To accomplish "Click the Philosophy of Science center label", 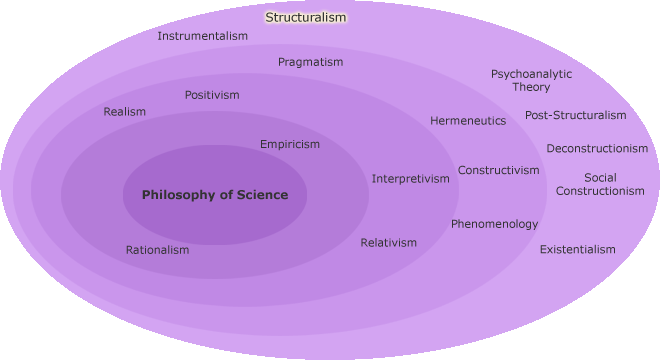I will point(215,195).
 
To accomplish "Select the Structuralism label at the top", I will point(305,17).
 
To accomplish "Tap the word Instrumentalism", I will point(203,36).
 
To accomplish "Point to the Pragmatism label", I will point(310,62).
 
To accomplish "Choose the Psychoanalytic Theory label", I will point(531,80).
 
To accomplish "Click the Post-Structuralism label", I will point(575,115).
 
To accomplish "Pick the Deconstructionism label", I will point(597,149).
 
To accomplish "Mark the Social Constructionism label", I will point(600,184).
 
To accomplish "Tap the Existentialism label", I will point(578,249).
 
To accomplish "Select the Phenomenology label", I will point(494,224).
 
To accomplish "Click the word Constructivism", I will point(498,170).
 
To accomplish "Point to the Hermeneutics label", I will point(468,121).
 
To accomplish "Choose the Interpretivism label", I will point(411,179).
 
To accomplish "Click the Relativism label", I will point(388,243).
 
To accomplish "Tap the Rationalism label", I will point(157,250).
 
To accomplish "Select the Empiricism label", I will point(290,144).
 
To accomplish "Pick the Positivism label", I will point(212,95).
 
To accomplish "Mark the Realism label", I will point(124,112).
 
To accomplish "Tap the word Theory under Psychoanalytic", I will point(531,87).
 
